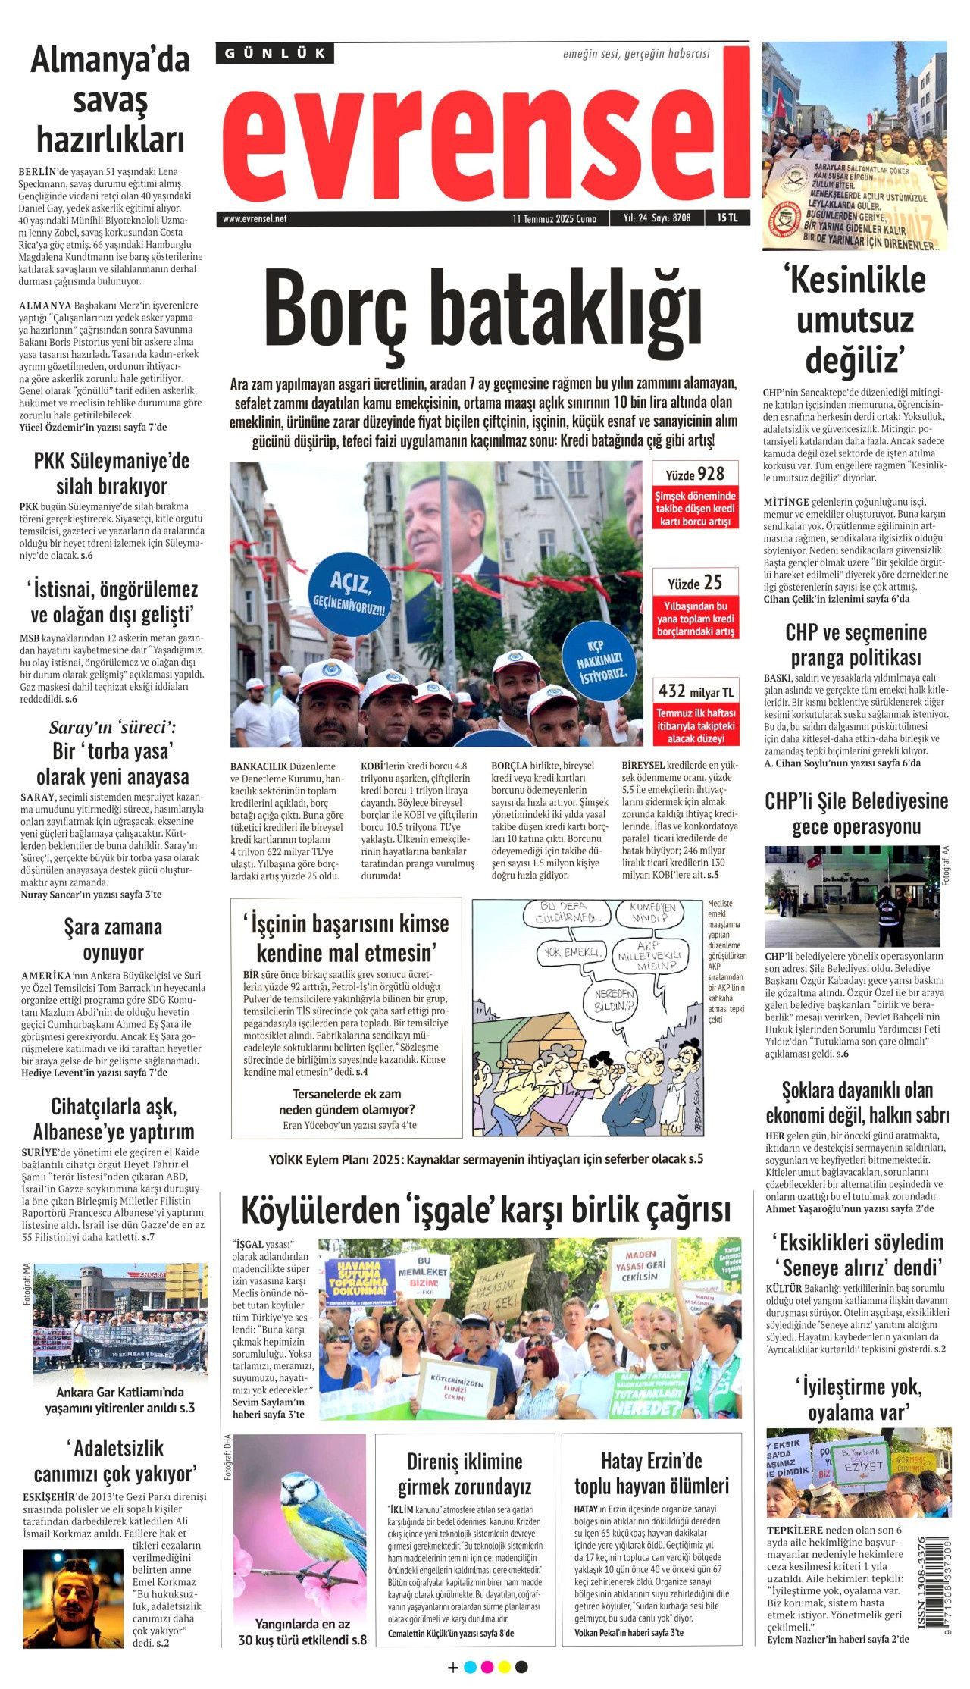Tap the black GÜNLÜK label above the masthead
pos(275,53)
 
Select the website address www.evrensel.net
pos(255,218)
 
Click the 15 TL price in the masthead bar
pos(727,218)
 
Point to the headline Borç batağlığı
pos(483,313)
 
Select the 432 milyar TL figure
pos(696,691)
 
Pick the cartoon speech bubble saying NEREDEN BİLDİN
pos(615,1000)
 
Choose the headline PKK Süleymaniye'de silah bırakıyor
pos(111,473)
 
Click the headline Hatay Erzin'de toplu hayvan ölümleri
pos(651,1473)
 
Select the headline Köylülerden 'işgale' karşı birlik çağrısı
pos(485,1211)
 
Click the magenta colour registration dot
pos(487,1667)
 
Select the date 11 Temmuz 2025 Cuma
pos(554,218)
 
